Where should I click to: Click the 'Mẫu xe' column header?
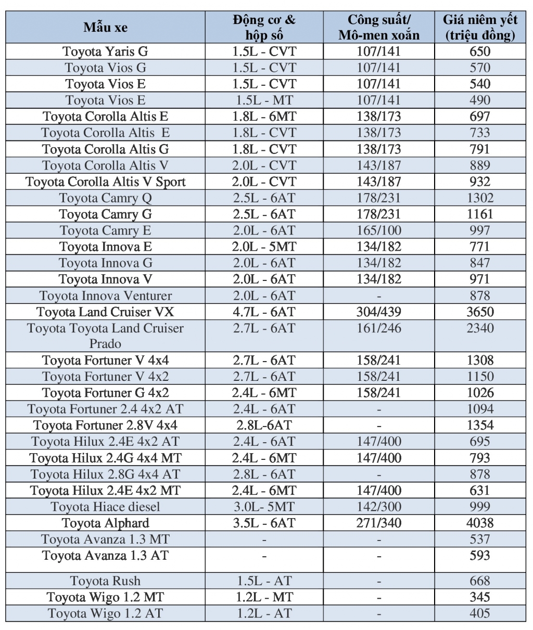(105, 27)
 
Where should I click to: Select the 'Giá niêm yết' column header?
(480, 27)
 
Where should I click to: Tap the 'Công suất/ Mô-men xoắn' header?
(378, 27)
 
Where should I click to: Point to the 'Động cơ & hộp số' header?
(264, 27)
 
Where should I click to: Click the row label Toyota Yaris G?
(105, 52)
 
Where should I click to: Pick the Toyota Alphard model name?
(105, 523)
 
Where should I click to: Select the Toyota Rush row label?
(105, 581)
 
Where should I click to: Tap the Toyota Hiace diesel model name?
(105, 507)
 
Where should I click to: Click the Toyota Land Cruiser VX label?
(105, 312)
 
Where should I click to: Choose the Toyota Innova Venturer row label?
(105, 295)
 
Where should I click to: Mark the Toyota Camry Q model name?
(105, 198)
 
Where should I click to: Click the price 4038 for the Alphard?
(480, 523)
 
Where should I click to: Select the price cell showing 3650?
(480, 312)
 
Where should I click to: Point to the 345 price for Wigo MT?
(480, 597)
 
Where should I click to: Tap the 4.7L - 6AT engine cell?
(264, 312)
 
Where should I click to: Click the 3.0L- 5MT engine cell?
(264, 507)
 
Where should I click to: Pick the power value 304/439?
(378, 312)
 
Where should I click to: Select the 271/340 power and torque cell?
(378, 523)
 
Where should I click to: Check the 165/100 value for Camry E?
(378, 230)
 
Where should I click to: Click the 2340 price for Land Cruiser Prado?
(480, 328)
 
